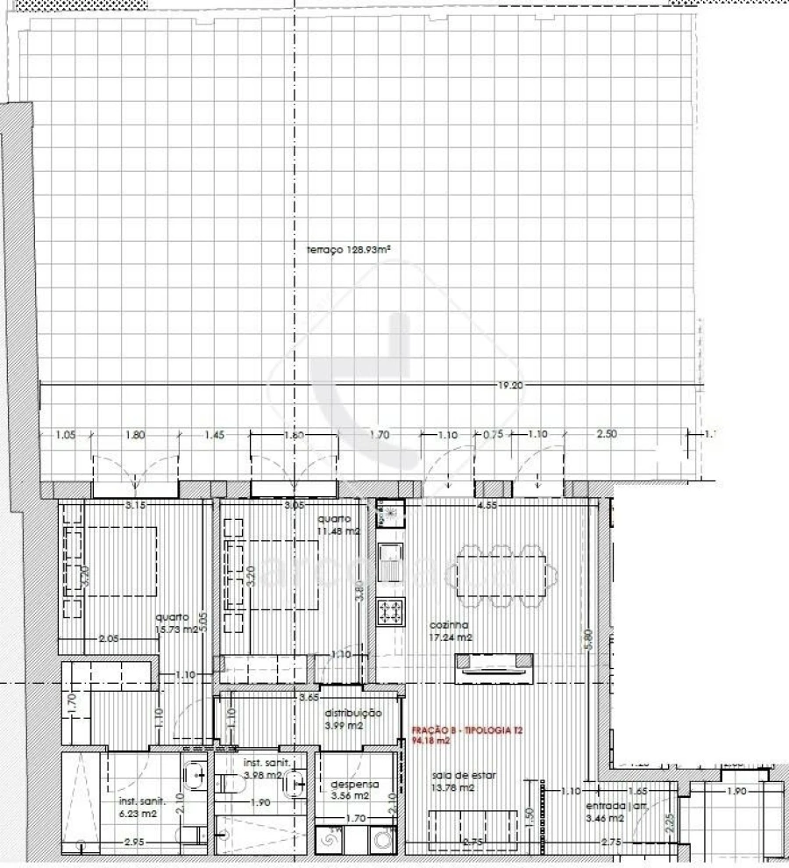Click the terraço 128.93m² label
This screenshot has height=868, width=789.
(x=348, y=249)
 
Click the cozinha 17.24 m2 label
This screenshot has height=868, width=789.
(x=450, y=631)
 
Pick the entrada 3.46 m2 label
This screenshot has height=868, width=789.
(x=605, y=811)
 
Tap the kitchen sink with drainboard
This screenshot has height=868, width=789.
(x=391, y=562)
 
